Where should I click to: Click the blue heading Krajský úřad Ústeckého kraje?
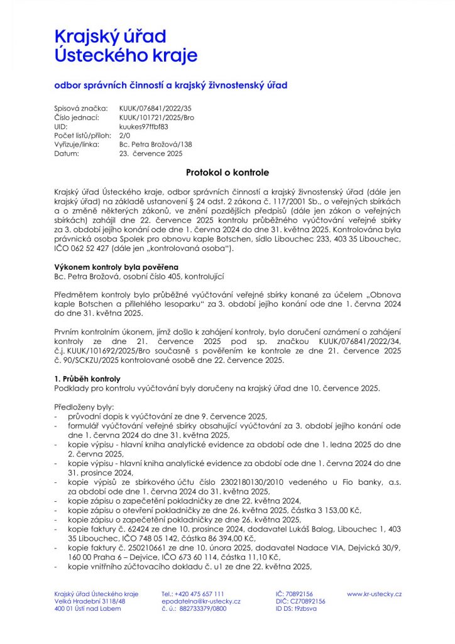126,45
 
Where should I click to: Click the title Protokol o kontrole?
227,172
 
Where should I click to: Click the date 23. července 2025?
151,153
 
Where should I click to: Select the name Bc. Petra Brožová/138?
155,144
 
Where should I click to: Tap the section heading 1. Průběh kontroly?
87,379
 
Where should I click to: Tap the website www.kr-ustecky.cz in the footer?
375,594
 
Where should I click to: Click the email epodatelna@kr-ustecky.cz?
200,601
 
